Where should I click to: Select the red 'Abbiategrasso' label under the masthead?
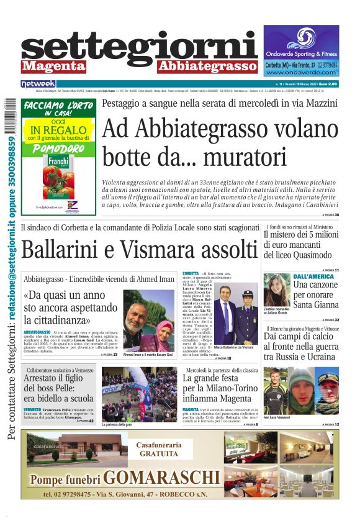coord(207,65)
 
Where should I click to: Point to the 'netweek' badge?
coord(38,83)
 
